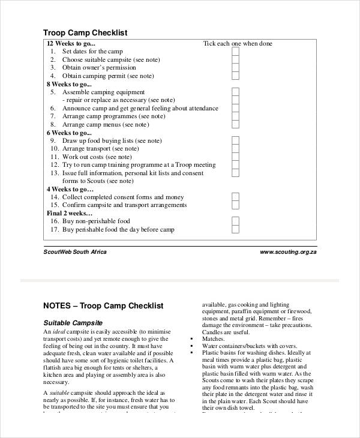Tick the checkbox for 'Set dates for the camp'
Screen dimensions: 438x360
coord(235,52)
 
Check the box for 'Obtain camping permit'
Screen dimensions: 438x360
coord(235,76)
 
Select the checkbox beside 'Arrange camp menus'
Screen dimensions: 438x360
coord(235,124)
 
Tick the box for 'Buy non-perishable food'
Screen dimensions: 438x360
coord(235,221)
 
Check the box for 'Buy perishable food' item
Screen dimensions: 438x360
coord(235,229)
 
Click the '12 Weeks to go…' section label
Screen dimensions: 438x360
coord(71,44)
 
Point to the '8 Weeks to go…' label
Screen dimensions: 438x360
coord(68,84)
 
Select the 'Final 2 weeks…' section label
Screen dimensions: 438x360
coord(70,213)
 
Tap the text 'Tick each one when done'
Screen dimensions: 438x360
coord(238,44)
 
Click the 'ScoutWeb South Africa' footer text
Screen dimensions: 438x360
coord(75,252)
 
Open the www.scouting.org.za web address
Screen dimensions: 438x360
coord(288,252)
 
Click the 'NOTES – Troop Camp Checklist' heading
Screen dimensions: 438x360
coord(103,306)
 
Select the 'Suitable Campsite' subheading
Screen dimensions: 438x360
coord(73,322)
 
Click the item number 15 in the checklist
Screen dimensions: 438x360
coord(55,205)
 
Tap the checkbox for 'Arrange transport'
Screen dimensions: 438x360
coord(235,148)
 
